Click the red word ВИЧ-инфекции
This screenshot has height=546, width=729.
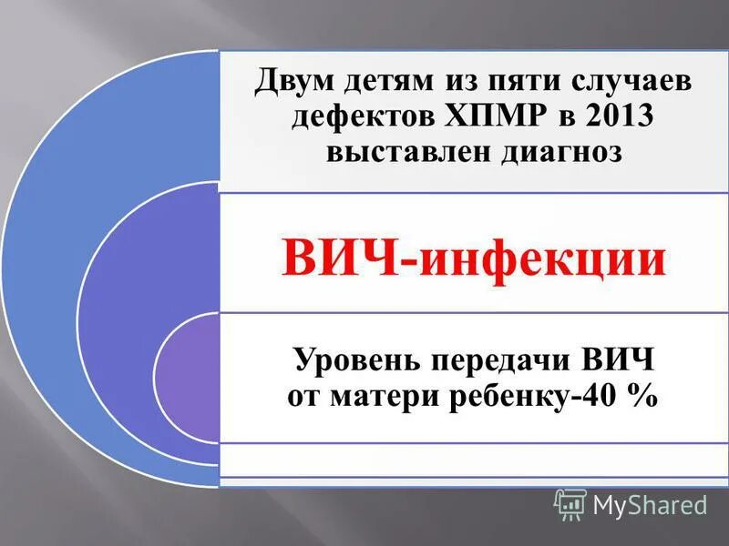click(474, 256)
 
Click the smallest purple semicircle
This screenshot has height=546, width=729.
click(188, 378)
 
